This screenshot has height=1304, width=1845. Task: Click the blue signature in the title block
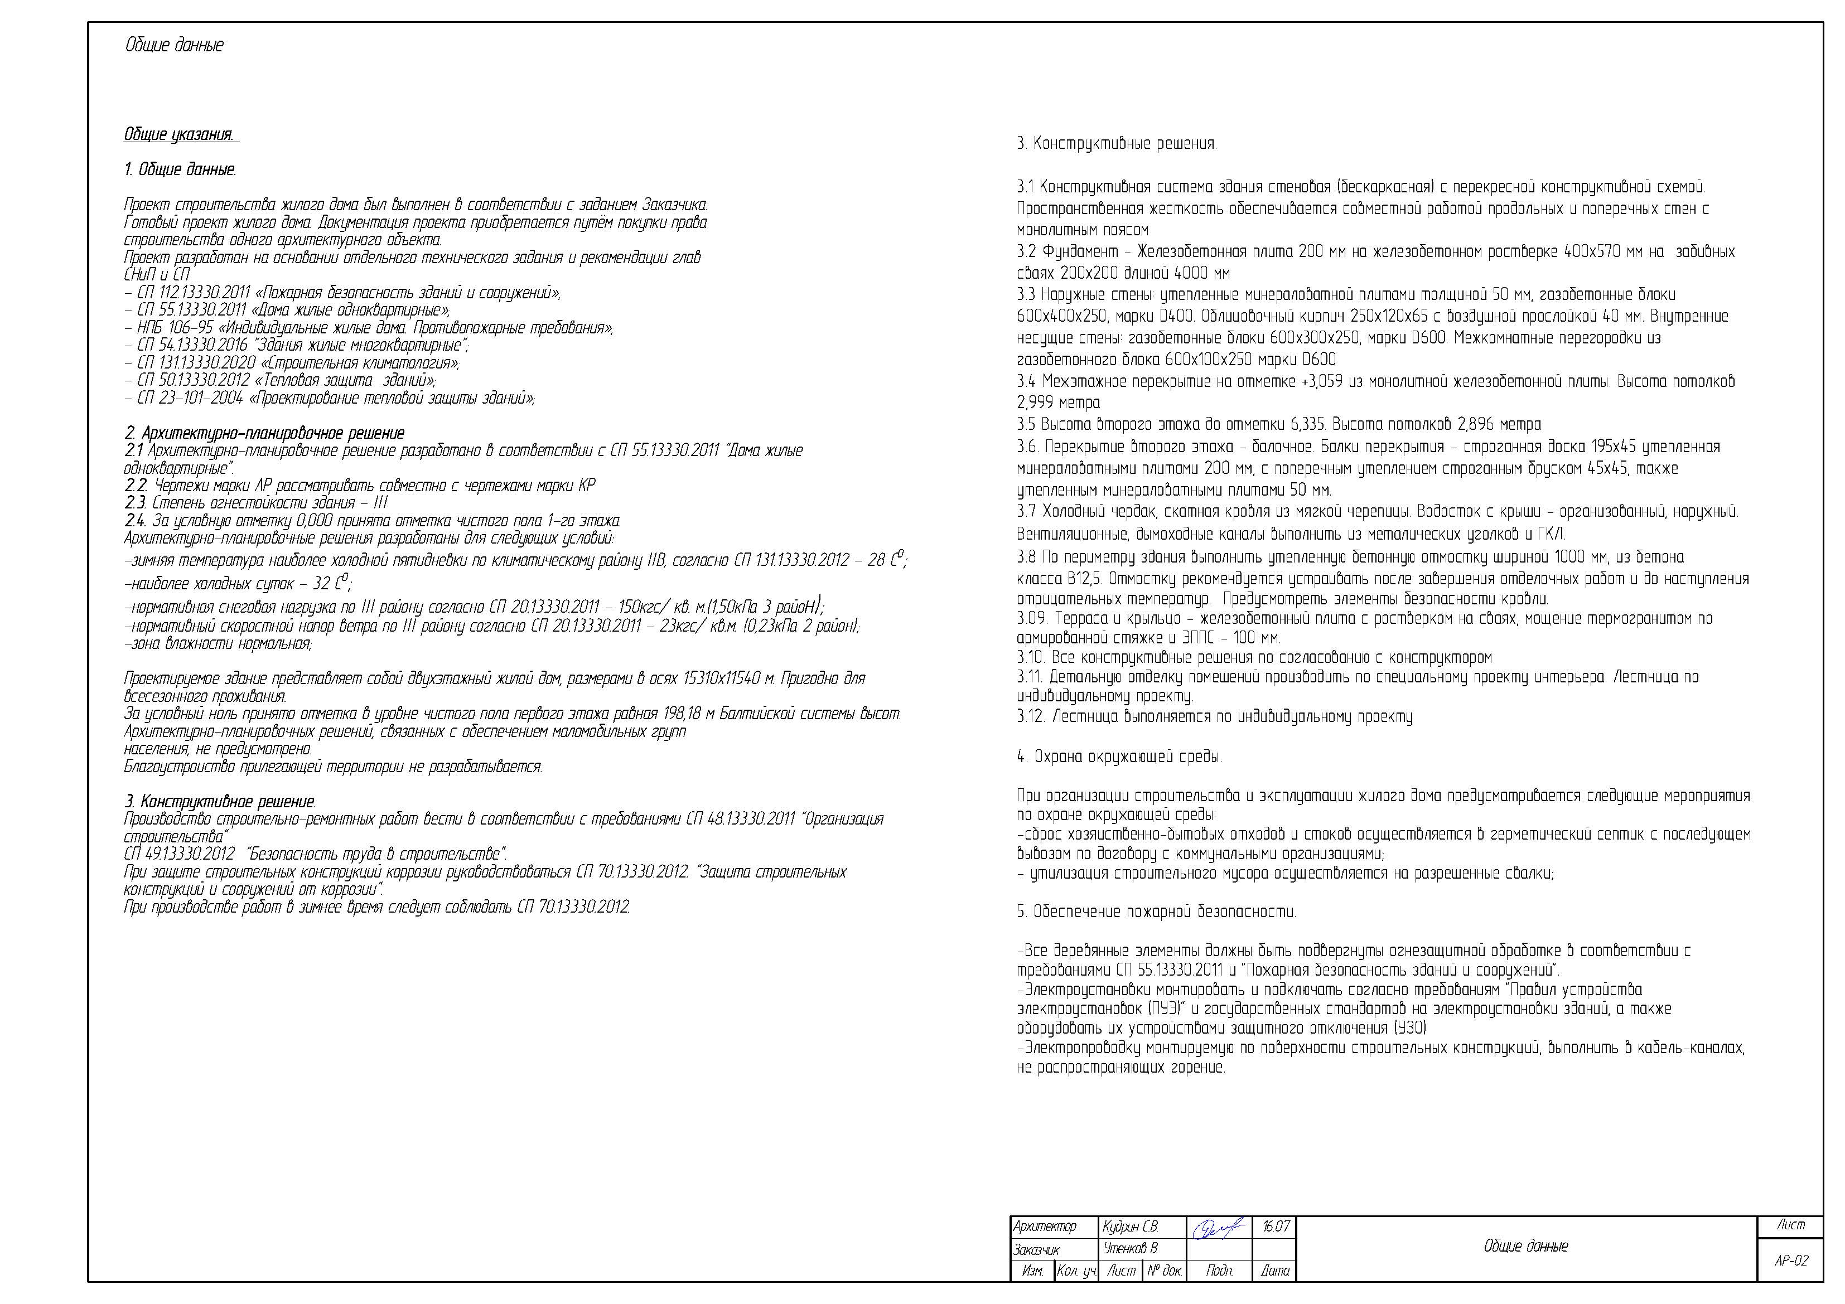click(x=1218, y=1228)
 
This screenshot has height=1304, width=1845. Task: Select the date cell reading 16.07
click(x=1275, y=1227)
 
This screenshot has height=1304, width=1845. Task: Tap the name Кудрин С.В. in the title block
click(x=1130, y=1227)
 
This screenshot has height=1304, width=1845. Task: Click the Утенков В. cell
click(x=1130, y=1249)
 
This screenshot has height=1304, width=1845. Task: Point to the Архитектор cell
click(x=1045, y=1227)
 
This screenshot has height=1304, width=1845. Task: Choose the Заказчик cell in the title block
click(x=1037, y=1249)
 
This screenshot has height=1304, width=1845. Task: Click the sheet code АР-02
click(x=1791, y=1260)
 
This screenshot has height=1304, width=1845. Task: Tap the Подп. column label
click(x=1219, y=1270)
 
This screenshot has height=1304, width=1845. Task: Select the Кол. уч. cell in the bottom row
click(x=1076, y=1270)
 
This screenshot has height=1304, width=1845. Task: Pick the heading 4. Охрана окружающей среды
click(x=1119, y=757)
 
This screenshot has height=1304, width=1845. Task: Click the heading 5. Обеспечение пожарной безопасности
click(x=1156, y=912)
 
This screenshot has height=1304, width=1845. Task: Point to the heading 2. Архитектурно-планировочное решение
click(x=264, y=433)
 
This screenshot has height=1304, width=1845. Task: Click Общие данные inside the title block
click(x=1525, y=1246)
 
